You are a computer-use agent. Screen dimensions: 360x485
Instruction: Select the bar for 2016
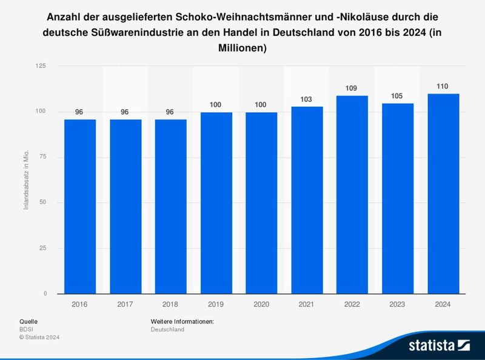[80, 206]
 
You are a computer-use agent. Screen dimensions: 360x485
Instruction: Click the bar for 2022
[352, 195]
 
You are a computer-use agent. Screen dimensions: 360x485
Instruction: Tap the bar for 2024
[443, 193]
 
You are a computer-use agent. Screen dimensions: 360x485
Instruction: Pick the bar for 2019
[216, 203]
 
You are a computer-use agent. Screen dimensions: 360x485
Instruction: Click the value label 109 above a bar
[352, 88]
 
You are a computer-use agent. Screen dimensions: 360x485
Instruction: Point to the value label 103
[306, 99]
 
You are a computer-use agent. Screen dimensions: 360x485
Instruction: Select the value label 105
[397, 96]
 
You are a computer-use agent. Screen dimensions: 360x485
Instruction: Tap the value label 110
[443, 87]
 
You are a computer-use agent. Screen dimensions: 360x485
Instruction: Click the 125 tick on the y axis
[41, 65]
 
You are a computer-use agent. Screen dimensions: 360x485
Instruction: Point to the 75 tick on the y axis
[43, 157]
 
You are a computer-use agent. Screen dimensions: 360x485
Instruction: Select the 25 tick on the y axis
[43, 248]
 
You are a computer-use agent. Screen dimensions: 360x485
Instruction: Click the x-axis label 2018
[170, 305]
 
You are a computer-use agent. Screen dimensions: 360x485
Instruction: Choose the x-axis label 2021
[306, 305]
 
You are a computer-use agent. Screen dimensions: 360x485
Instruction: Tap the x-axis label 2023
[397, 305]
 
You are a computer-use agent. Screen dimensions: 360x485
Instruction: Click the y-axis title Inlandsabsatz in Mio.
[26, 182]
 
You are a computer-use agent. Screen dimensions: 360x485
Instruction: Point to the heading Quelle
[28, 321]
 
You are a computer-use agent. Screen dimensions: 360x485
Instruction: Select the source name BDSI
[27, 329]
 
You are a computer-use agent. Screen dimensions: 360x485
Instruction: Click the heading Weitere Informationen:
[182, 321]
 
